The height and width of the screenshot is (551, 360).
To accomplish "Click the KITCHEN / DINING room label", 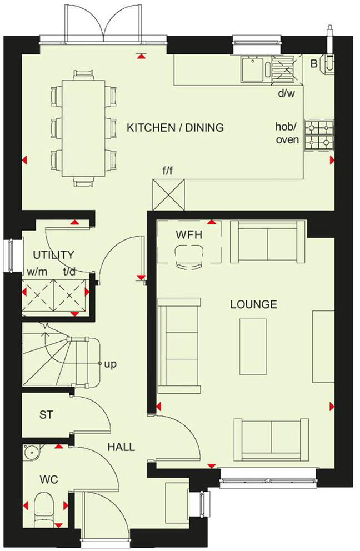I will [175, 127].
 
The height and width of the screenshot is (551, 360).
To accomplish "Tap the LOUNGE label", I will [254, 304].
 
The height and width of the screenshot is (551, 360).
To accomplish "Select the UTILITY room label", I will [53, 255].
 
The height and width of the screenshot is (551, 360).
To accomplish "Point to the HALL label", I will [121, 447].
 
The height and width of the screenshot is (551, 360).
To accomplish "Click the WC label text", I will [49, 479].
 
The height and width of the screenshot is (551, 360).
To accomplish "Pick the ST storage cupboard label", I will [46, 415].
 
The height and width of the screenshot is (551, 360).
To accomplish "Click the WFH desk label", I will [189, 235].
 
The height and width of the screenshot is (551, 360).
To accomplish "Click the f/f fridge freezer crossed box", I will [168, 195].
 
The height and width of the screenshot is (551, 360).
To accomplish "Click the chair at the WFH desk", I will [188, 258].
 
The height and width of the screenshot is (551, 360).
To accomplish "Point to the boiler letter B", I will [314, 64].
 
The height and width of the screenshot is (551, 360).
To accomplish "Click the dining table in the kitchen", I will [83, 127].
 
